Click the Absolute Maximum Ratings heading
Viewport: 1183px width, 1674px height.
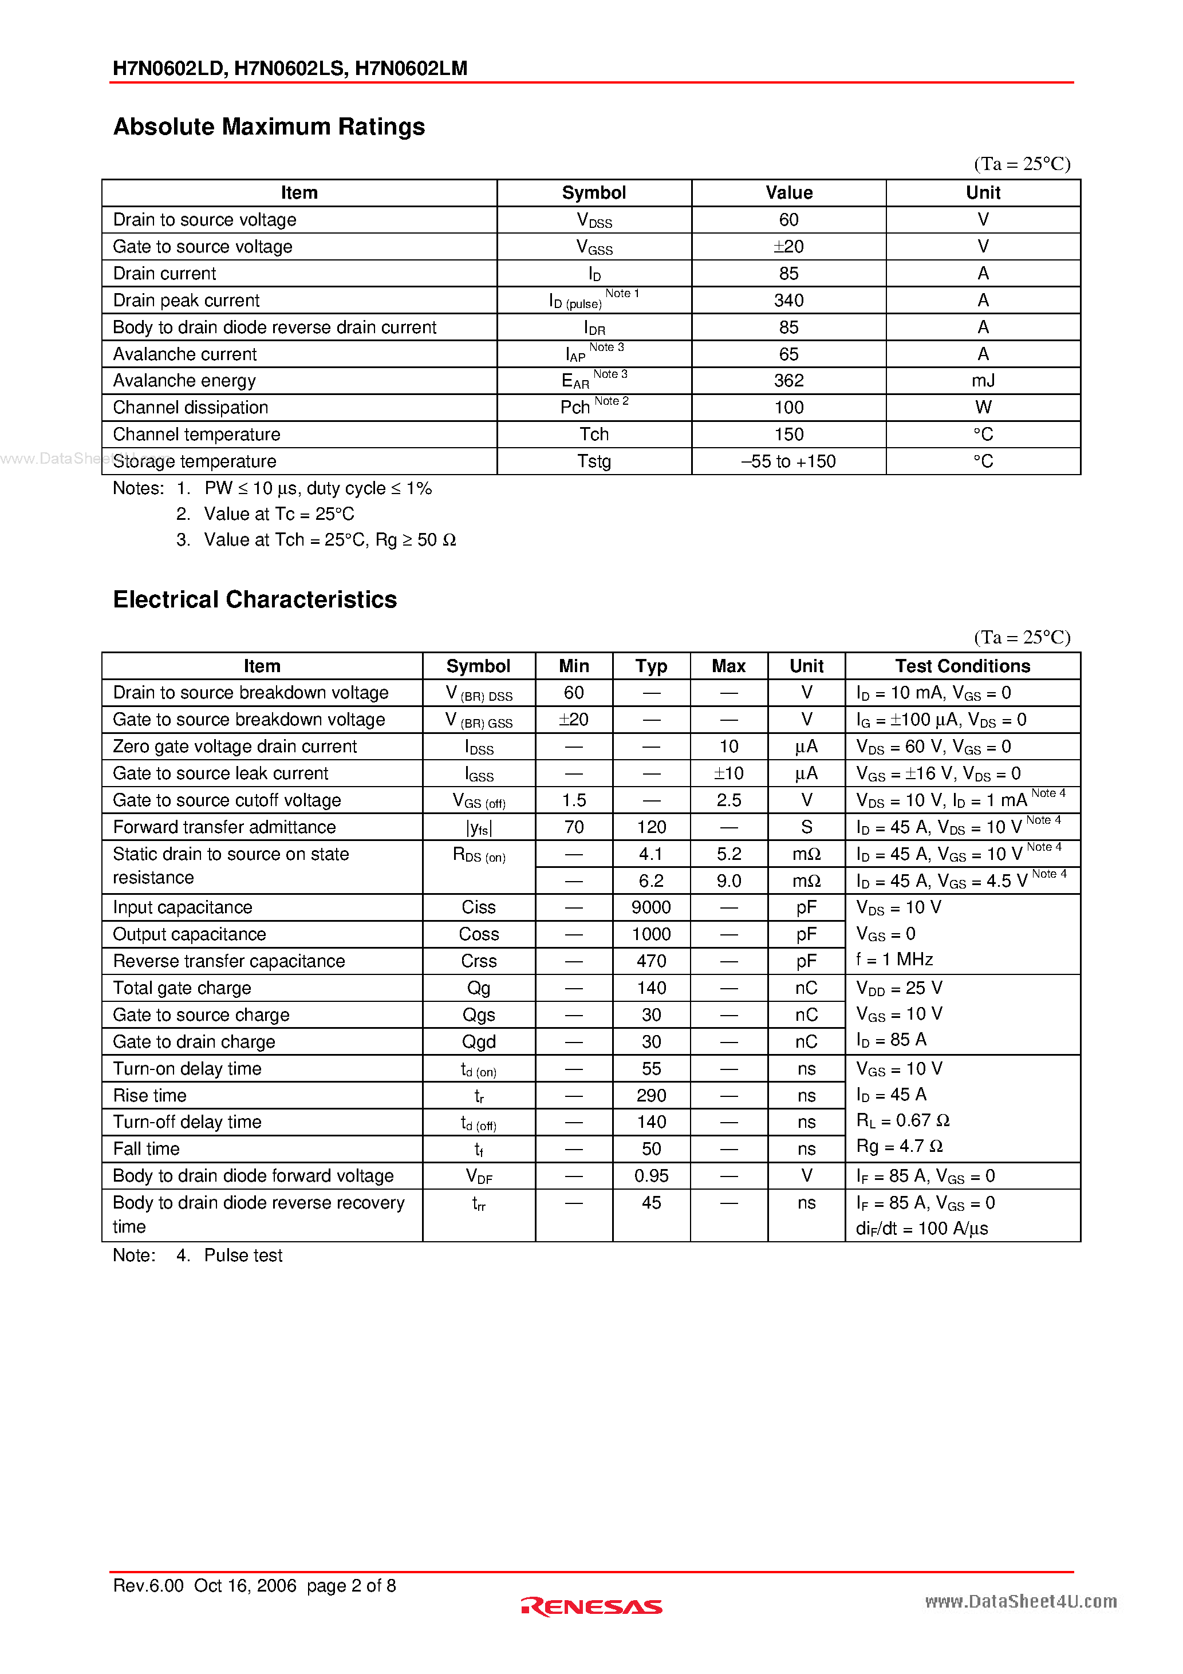[x=269, y=127]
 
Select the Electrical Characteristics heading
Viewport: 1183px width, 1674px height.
[x=255, y=599]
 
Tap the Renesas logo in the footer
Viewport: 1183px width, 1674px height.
[x=591, y=1606]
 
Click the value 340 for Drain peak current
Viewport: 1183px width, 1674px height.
[x=788, y=301]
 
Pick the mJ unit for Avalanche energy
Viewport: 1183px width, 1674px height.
[x=983, y=381]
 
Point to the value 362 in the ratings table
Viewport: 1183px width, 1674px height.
[x=788, y=381]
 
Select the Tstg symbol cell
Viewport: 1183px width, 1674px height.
[x=594, y=461]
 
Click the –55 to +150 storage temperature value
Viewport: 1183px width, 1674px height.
[x=788, y=461]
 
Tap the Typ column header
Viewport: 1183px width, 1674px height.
[x=650, y=666]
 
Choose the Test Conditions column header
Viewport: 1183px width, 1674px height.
[x=962, y=666]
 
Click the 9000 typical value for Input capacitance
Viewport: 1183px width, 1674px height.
[x=650, y=908]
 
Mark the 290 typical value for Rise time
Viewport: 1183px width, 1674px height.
[x=650, y=1096]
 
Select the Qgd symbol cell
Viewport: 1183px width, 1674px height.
[x=479, y=1042]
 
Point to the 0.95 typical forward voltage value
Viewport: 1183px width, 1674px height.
[x=650, y=1176]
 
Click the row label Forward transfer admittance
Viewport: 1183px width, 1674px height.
[x=224, y=827]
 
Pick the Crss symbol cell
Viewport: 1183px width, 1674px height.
[x=479, y=962]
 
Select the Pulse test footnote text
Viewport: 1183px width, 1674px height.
[x=243, y=1255]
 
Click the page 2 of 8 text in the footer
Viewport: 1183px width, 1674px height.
[x=351, y=1586]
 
